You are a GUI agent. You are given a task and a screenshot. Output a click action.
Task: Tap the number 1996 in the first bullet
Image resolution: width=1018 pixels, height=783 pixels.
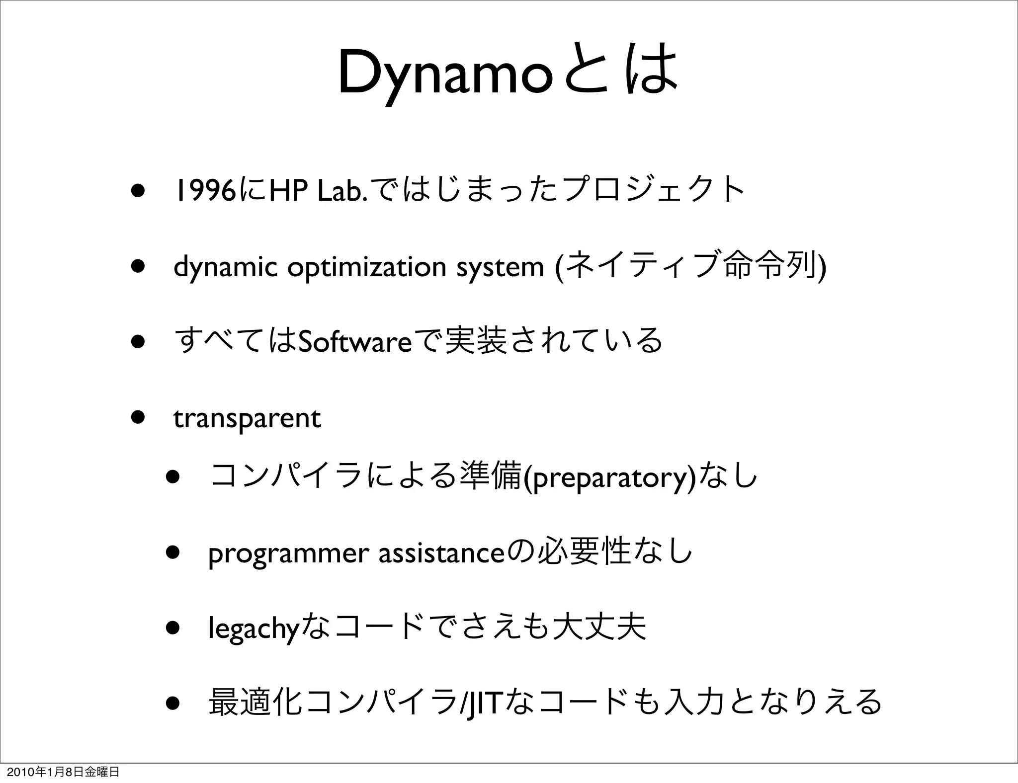pos(204,190)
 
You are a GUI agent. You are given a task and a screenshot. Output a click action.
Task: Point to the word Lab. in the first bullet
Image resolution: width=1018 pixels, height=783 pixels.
pos(343,190)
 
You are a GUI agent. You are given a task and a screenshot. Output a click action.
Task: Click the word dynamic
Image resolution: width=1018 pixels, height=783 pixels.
pos(225,267)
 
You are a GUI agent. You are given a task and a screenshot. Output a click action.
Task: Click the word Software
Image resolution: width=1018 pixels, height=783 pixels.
pos(354,342)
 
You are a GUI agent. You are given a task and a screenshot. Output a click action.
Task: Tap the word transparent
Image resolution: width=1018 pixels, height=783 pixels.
pos(247,418)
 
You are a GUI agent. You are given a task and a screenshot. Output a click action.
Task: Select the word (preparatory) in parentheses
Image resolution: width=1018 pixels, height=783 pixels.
pos(609,477)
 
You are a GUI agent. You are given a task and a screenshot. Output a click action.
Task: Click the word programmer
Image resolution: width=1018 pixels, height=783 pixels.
pos(289,553)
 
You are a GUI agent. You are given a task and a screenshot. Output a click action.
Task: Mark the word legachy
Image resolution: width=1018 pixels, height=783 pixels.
pos(254,629)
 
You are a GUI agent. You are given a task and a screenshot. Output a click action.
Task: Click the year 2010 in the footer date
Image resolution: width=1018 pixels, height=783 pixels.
pos(18,772)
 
